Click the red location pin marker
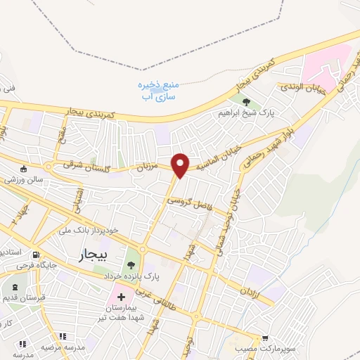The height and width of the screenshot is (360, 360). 181,165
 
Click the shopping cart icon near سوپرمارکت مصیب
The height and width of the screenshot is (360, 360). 265,338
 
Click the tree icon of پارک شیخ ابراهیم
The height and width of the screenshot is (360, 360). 247,102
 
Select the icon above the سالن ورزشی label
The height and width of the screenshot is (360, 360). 25,169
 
